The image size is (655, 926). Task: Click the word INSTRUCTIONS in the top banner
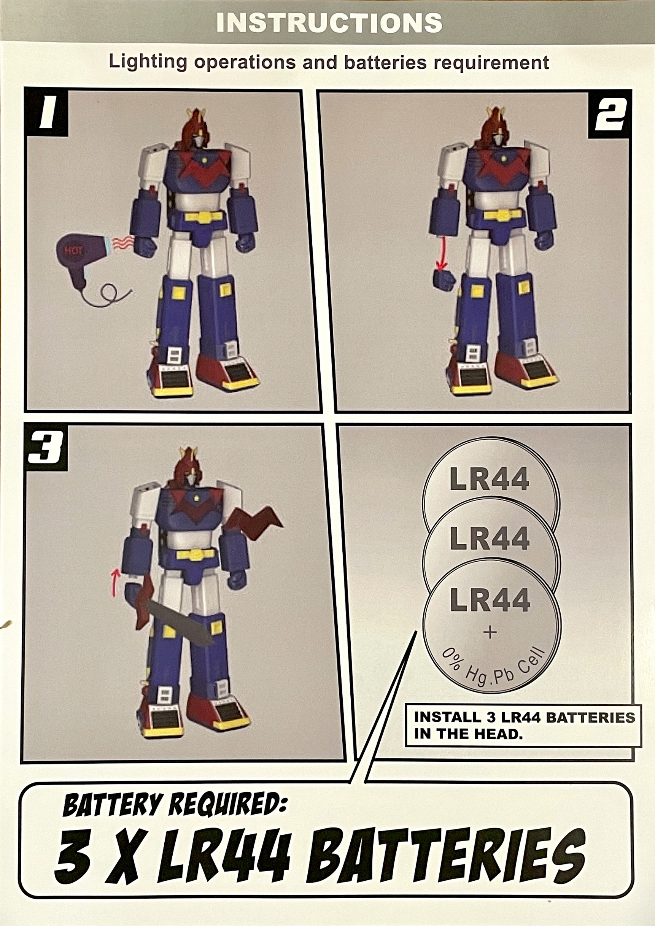329,22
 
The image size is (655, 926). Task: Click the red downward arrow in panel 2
444,253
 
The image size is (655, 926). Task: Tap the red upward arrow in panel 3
116,582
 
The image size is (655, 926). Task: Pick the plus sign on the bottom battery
490,632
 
